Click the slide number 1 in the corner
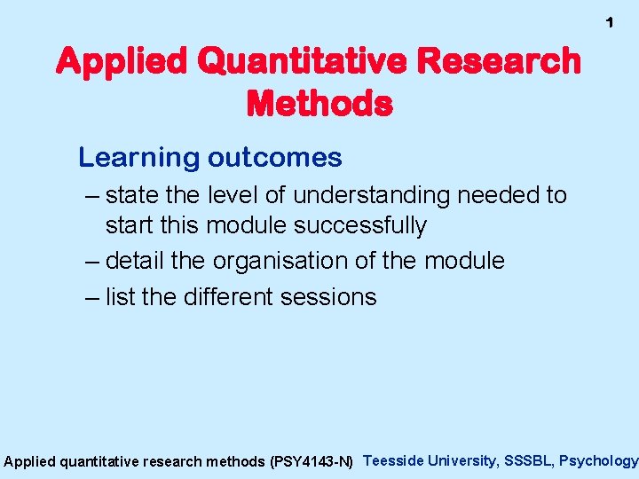[x=609, y=22]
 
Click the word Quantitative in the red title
[x=288, y=62]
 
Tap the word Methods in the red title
[x=319, y=104]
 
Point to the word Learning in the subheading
[x=138, y=158]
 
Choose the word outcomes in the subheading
[x=274, y=158]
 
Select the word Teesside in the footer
[x=394, y=460]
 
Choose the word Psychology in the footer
[x=598, y=460]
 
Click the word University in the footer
[x=461, y=460]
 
